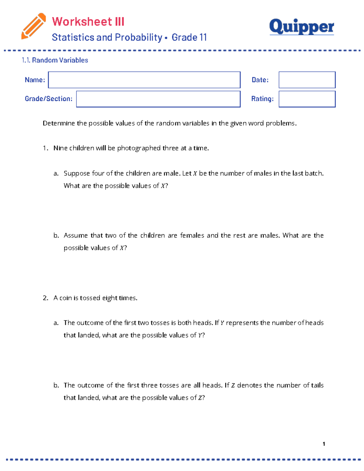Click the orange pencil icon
click(x=33, y=26)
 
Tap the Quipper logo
click(x=302, y=27)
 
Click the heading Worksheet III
click(x=88, y=22)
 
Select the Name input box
click(x=144, y=80)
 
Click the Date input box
click(x=307, y=80)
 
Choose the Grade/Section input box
click(x=158, y=99)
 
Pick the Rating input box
click(x=307, y=99)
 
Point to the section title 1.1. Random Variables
click(x=55, y=60)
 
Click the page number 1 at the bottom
click(x=324, y=444)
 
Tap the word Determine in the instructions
click(x=59, y=123)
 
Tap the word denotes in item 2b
click(x=249, y=385)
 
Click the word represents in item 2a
click(x=242, y=323)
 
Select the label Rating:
click(x=262, y=99)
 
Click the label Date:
click(x=260, y=80)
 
